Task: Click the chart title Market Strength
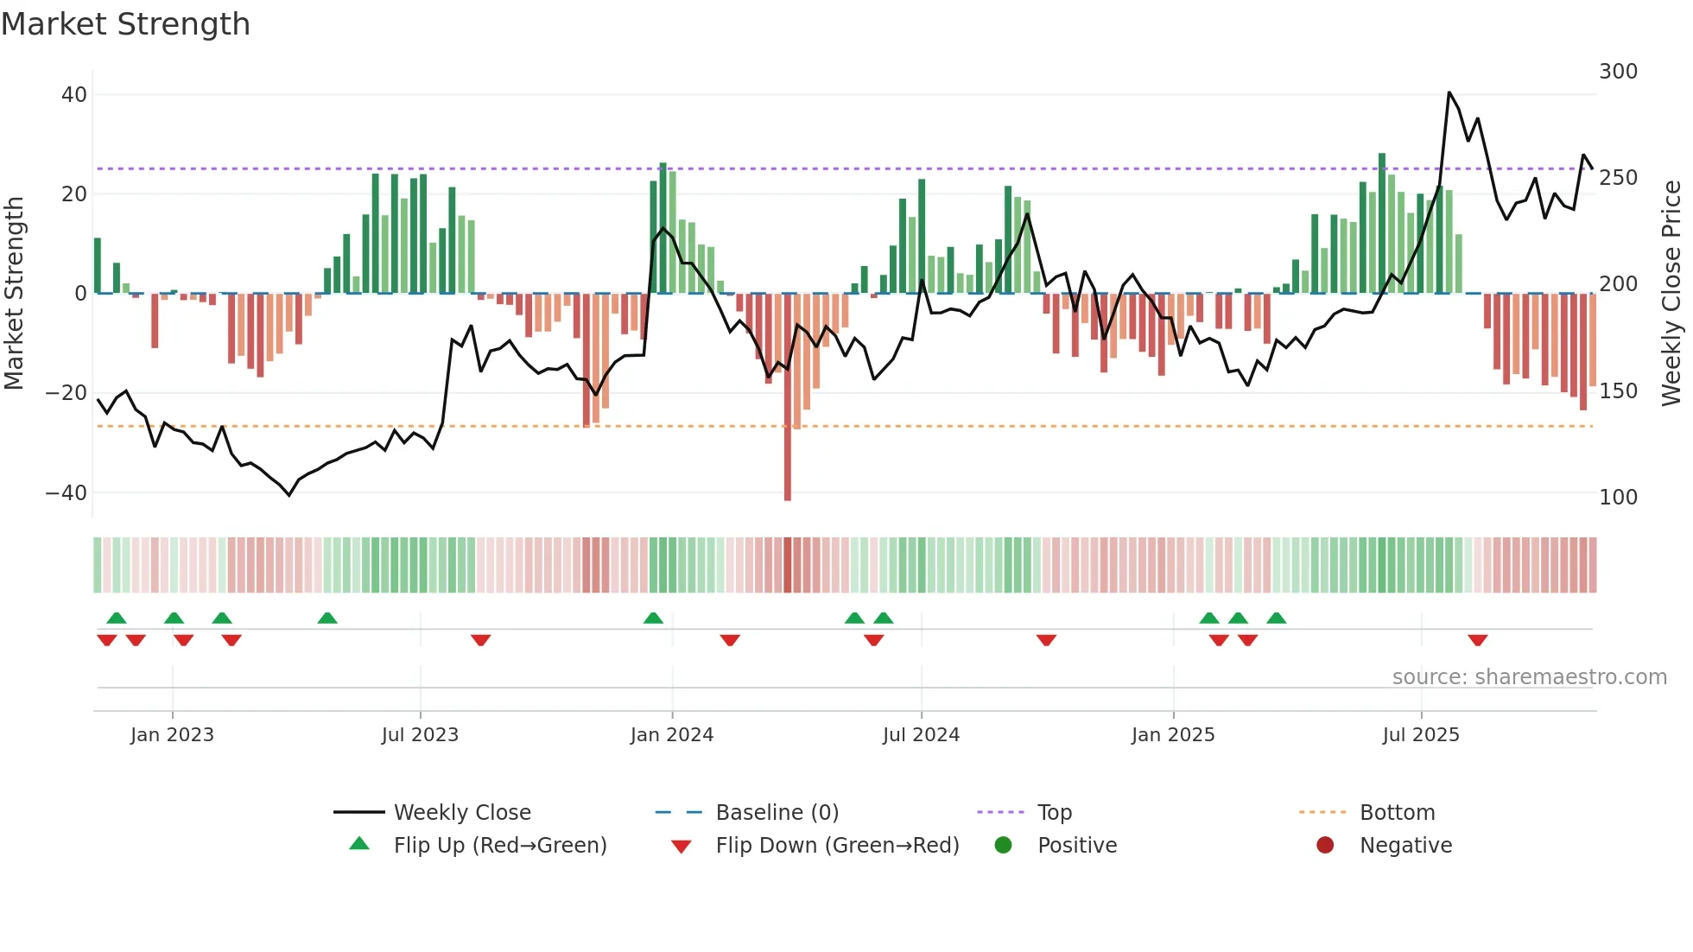pyautogui.click(x=126, y=24)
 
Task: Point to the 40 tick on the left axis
pyautogui.click(x=74, y=95)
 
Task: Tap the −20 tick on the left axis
pyautogui.click(x=67, y=393)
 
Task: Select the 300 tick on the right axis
pyautogui.click(x=1618, y=72)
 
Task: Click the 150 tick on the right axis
pyautogui.click(x=1618, y=391)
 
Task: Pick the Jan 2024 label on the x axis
pyautogui.click(x=671, y=735)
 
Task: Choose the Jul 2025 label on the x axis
pyautogui.click(x=1420, y=735)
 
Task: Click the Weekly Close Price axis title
pyautogui.click(x=1671, y=294)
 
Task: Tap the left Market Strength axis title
pyautogui.click(x=15, y=294)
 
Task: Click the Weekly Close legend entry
pyautogui.click(x=462, y=813)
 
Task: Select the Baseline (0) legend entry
pyautogui.click(x=777, y=813)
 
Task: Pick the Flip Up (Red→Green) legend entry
pyautogui.click(x=499, y=846)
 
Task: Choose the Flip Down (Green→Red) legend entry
pyautogui.click(x=836, y=846)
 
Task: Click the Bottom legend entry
pyautogui.click(x=1397, y=813)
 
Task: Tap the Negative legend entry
pyautogui.click(x=1405, y=846)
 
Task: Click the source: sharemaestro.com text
pyautogui.click(x=1529, y=677)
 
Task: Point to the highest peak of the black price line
pyautogui.click(x=1449, y=92)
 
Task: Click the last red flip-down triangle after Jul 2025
pyautogui.click(x=1477, y=640)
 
